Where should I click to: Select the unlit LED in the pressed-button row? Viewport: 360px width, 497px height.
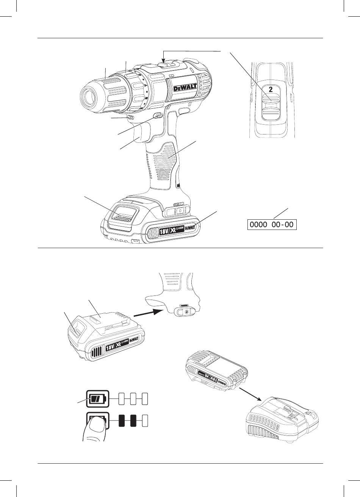(x=144, y=421)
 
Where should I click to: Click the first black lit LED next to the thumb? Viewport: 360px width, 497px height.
(x=122, y=421)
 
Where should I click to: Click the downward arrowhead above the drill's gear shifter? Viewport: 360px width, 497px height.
(x=163, y=60)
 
